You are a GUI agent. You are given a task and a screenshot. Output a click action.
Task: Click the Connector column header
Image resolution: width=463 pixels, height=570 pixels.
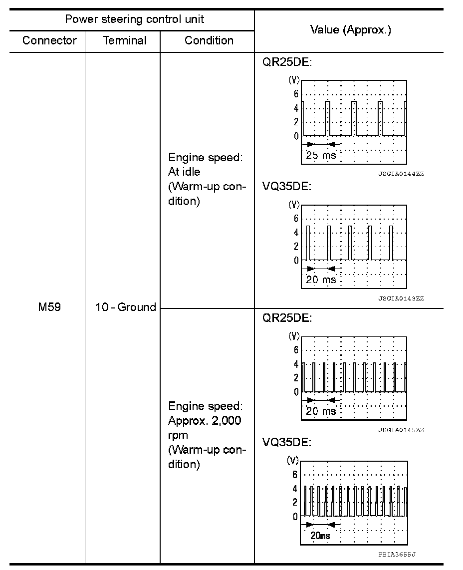point(49,40)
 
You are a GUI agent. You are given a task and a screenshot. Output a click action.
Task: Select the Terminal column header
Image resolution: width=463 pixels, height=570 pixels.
point(125,40)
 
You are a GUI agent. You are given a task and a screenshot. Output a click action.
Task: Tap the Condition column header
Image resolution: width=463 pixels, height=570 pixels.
point(209,40)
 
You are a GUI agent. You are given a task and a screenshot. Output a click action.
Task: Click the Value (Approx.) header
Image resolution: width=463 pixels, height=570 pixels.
point(350,30)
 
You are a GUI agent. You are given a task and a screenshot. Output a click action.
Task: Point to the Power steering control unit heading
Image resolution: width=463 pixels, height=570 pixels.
point(134,19)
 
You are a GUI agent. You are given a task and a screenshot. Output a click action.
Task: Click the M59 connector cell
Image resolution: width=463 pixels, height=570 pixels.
point(49,307)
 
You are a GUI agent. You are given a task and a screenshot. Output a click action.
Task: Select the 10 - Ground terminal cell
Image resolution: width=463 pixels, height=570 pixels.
point(125,307)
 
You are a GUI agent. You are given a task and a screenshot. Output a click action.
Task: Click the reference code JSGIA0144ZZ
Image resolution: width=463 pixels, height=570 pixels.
point(401,174)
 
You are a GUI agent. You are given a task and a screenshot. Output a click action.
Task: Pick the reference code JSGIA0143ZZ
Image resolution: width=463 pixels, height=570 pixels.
point(401,298)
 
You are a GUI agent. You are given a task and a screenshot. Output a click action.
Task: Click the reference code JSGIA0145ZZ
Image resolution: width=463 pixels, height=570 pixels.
point(401,430)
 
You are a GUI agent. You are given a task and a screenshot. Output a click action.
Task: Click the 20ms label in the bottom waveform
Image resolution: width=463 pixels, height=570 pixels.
point(320,536)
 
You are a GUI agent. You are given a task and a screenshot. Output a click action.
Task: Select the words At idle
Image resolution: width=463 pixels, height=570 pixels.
point(184,172)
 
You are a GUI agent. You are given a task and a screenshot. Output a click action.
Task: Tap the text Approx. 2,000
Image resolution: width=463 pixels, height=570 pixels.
point(205,420)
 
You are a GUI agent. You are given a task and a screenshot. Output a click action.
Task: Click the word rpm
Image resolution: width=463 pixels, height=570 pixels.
point(178,435)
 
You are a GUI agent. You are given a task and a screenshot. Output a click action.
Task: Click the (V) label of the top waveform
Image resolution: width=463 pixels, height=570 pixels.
point(294,80)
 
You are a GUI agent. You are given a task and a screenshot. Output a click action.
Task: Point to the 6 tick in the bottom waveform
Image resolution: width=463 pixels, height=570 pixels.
point(294,475)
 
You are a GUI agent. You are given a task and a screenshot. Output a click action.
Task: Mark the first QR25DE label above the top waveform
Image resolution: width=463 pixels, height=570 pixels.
point(287,63)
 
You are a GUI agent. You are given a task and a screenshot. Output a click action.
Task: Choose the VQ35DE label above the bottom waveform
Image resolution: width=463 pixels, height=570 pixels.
point(287,442)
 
